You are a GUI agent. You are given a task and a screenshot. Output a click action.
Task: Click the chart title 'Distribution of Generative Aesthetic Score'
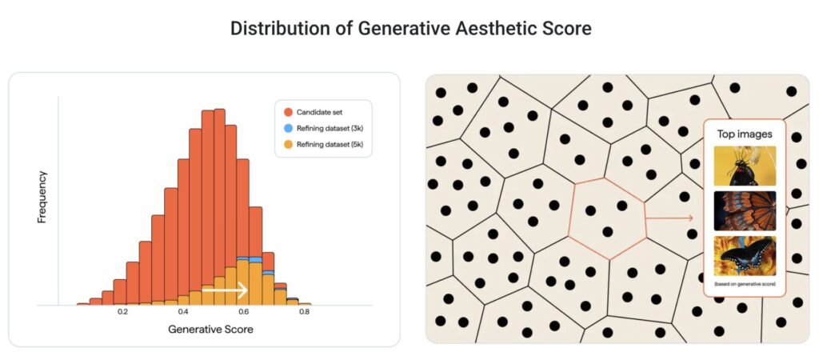click(410, 29)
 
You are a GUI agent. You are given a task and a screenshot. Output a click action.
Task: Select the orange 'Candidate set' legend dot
click(286, 112)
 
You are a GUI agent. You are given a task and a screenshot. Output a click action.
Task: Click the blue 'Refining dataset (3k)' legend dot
click(286, 128)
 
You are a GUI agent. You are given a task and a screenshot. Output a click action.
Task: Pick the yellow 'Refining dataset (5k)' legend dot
click(286, 144)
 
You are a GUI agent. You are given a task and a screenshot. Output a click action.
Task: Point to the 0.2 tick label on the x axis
click(123, 312)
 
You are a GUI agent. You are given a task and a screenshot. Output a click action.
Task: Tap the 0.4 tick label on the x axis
click(183, 312)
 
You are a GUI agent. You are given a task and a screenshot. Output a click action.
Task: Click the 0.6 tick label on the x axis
click(244, 312)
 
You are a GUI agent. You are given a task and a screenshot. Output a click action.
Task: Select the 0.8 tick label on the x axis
click(305, 312)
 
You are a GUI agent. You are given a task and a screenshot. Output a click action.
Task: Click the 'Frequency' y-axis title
click(42, 196)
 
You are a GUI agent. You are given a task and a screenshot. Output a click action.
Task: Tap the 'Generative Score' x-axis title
click(211, 329)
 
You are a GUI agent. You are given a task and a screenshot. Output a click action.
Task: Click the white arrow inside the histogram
click(225, 291)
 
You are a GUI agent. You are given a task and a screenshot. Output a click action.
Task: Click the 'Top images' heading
click(745, 134)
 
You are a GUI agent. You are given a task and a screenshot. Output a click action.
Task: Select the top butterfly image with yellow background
click(745, 165)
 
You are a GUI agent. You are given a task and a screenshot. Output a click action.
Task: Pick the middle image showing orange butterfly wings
click(745, 210)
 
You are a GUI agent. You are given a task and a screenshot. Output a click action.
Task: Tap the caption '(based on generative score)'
click(745, 285)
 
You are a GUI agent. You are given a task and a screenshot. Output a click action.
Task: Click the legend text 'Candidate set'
click(321, 112)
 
